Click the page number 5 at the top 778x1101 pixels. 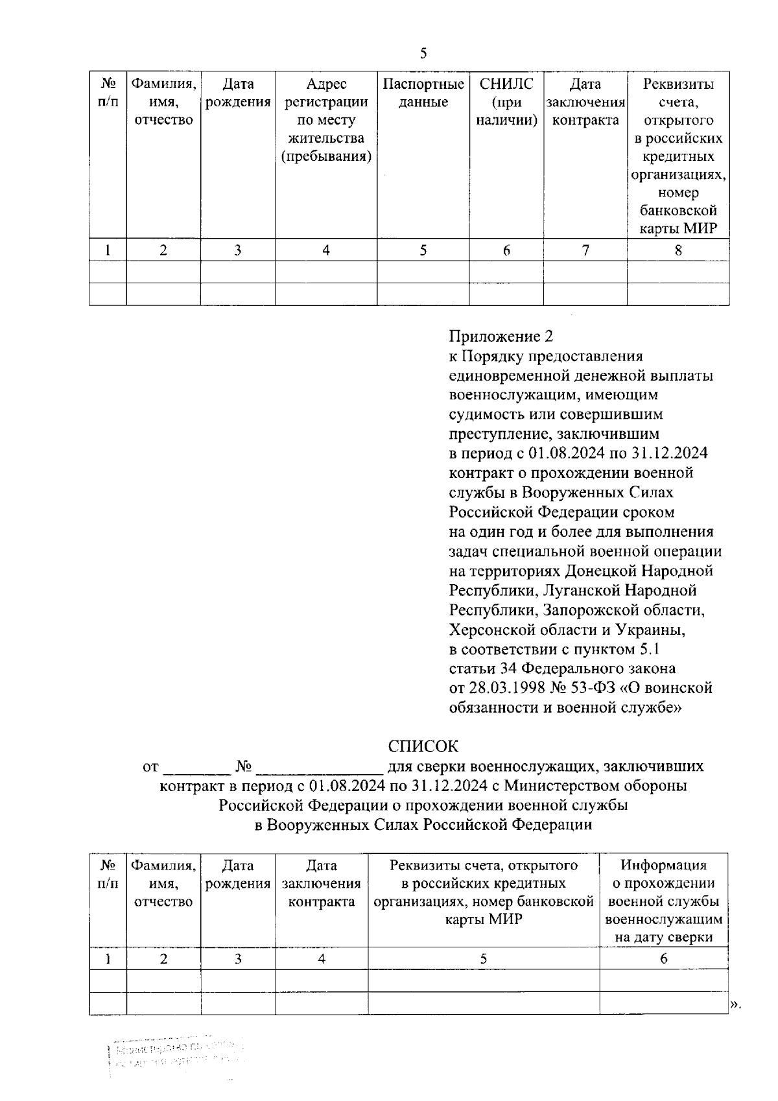423,53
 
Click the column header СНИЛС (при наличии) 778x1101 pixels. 506,102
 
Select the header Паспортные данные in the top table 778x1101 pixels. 423,93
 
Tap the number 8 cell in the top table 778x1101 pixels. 678,250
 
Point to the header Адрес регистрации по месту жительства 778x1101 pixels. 325,120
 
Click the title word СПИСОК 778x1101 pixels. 423,746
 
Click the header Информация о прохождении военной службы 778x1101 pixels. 663,901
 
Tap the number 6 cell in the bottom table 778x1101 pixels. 663,958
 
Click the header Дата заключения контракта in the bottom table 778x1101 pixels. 322,883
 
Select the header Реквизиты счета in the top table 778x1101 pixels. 678,156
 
